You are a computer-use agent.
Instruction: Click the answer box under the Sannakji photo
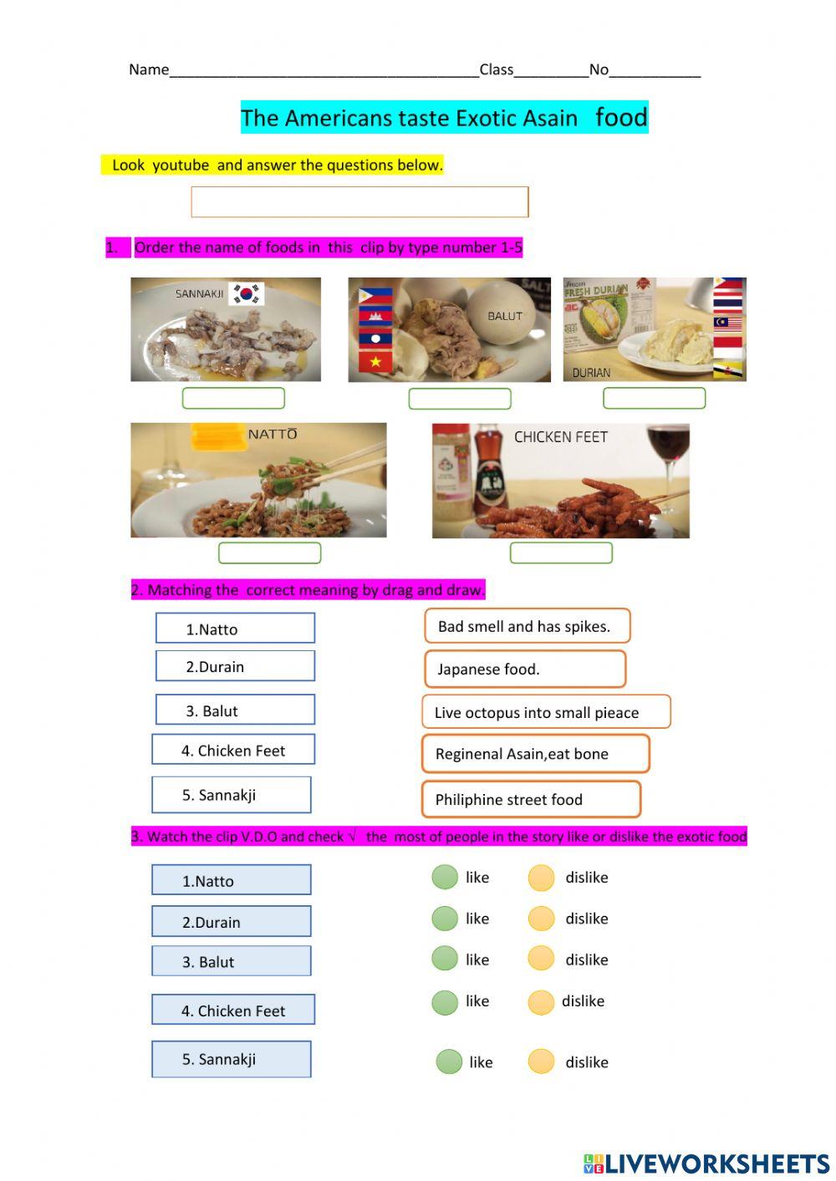(233, 398)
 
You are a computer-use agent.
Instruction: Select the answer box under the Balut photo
(459, 399)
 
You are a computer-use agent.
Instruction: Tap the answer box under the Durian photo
(654, 398)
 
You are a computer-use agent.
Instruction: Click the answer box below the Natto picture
(269, 552)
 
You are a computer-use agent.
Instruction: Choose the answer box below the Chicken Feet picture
(561, 552)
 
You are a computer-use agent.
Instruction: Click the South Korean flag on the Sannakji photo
(247, 293)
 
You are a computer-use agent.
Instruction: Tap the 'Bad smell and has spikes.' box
(527, 626)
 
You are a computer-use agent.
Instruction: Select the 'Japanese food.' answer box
(524, 669)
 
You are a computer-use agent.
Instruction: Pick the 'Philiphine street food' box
(531, 799)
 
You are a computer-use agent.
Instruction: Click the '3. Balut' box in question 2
(235, 710)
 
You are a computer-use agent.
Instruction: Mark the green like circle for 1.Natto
(445, 877)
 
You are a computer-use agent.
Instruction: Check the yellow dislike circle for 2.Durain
(541, 919)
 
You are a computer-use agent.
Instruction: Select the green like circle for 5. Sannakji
(449, 1061)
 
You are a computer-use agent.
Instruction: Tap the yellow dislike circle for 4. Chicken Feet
(541, 1001)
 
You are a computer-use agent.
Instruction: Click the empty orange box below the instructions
(359, 201)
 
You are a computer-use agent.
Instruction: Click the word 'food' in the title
(621, 117)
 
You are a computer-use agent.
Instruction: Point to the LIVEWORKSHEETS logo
(706, 1163)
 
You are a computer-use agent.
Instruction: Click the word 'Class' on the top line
(497, 69)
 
